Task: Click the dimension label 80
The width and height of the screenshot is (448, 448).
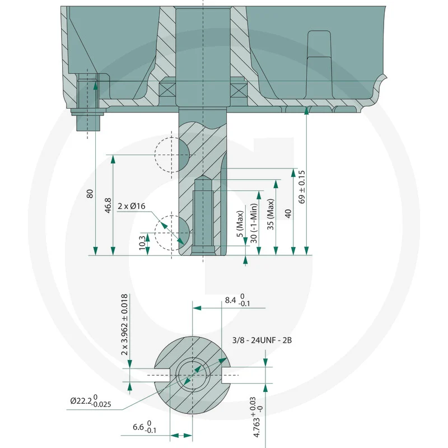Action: tap(90, 193)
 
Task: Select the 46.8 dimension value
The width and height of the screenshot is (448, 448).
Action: tap(108, 206)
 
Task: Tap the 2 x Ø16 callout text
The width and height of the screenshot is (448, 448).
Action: tap(132, 206)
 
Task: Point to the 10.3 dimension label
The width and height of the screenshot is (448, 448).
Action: tap(142, 243)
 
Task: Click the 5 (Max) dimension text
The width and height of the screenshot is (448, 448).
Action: tap(240, 223)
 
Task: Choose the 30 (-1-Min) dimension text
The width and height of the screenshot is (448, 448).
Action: tap(254, 223)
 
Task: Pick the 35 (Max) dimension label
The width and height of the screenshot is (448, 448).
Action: tap(270, 214)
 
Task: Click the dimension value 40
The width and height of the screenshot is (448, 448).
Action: tap(288, 214)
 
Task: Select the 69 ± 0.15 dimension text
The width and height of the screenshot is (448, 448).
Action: tap(302, 187)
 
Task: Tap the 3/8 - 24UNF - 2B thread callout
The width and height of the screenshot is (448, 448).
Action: tap(262, 340)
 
